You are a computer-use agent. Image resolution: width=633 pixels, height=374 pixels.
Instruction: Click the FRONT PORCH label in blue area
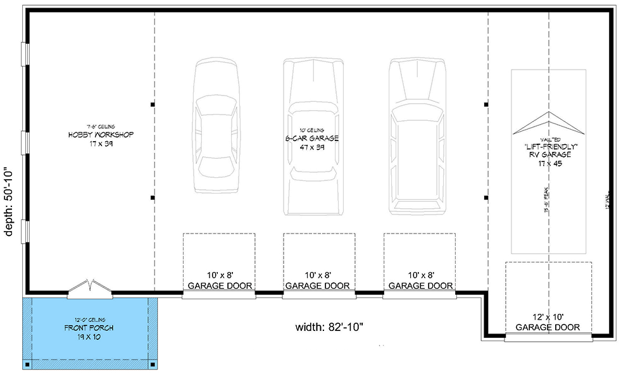[85, 328]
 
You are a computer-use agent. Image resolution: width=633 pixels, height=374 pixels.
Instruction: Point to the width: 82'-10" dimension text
[329, 327]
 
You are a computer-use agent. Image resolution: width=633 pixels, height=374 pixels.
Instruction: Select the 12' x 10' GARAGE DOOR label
[548, 322]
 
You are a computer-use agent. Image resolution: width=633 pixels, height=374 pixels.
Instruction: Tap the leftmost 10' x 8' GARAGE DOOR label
[219, 281]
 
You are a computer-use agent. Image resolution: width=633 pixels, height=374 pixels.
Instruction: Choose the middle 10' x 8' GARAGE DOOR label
[319, 281]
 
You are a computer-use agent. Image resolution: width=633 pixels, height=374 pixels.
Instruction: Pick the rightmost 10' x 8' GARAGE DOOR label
[419, 281]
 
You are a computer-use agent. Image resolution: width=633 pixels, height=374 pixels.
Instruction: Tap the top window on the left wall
[25, 54]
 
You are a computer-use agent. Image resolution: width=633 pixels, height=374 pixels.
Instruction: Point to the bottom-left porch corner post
[28, 365]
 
